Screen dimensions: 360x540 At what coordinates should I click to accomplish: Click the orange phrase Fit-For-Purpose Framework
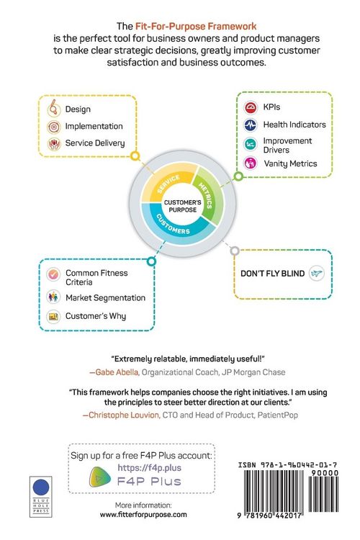(x=196, y=27)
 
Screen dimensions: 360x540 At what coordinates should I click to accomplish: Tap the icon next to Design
(x=54, y=108)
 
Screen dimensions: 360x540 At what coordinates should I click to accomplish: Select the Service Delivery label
(x=95, y=143)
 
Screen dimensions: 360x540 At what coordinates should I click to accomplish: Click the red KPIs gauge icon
(x=251, y=107)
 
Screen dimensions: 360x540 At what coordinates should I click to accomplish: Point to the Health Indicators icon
(x=251, y=125)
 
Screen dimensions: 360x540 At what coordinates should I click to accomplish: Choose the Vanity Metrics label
(x=290, y=163)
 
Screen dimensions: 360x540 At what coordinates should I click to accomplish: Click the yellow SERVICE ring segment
(x=168, y=182)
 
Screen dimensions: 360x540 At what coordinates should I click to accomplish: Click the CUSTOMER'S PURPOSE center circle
(x=183, y=206)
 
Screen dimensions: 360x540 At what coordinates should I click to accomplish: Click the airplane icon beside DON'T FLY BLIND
(x=316, y=274)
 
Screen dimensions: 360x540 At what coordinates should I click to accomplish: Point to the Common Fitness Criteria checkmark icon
(x=53, y=275)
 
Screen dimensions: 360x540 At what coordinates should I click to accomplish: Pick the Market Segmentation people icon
(x=53, y=297)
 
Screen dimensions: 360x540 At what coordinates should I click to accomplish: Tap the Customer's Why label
(x=96, y=316)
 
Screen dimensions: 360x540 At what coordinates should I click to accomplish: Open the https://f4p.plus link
(x=150, y=468)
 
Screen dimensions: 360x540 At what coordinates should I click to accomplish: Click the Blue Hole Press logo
(x=41, y=497)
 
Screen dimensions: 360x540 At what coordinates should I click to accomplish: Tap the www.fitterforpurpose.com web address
(x=143, y=515)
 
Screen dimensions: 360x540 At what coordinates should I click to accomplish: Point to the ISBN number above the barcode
(x=288, y=465)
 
